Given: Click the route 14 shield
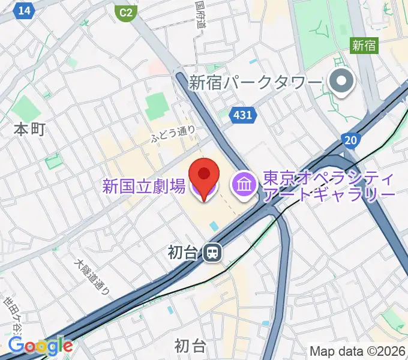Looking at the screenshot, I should coord(25,10).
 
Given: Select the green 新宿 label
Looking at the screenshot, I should coord(364,45).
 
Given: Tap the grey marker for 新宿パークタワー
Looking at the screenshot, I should coord(342,82).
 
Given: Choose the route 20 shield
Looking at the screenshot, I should coord(351,140).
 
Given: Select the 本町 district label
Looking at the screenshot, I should coord(30,129).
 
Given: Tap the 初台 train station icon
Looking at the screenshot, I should coord(211,253).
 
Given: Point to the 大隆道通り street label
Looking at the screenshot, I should coord(92,277).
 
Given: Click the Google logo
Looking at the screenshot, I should coord(40,345).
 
